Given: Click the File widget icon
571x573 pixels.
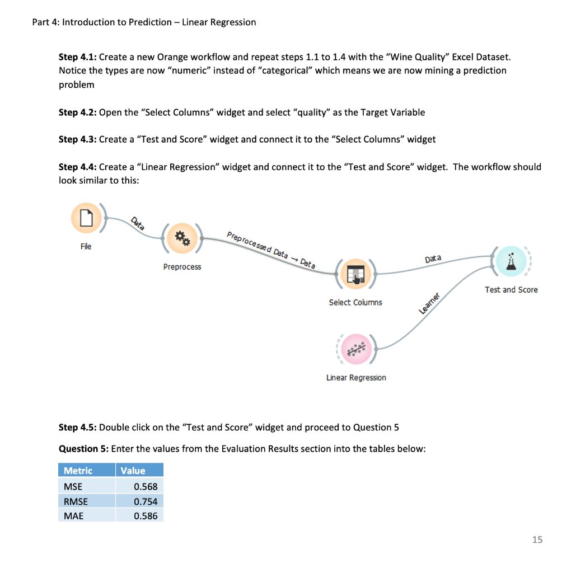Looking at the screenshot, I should point(86,218).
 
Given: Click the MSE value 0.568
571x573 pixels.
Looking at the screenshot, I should point(146,487).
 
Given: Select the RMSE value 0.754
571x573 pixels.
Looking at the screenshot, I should point(146,501).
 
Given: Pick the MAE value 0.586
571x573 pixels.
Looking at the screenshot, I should point(146,516).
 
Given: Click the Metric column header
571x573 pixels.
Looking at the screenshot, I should point(78,471).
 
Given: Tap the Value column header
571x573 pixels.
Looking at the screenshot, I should point(133,471).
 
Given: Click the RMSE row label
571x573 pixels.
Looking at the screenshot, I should point(76,501).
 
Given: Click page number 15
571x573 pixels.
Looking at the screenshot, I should point(537,539).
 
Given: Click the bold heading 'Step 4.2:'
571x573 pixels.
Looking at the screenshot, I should point(77,112).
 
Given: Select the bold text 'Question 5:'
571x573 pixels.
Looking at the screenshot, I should point(83,449).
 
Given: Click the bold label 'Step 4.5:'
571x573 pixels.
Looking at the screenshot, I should point(77,428).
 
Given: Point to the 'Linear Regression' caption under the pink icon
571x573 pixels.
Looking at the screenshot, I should point(356,378).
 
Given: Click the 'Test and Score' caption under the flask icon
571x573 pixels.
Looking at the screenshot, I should point(511,290).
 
